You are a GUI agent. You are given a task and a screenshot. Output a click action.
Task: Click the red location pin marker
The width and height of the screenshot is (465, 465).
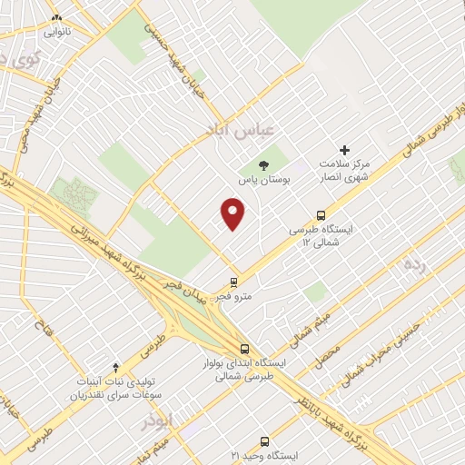pos(233,214)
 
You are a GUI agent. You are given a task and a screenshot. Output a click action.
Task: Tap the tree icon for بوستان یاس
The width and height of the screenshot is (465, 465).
pos(263,166)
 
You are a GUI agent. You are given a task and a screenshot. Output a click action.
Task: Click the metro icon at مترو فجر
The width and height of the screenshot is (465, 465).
pos(233,282)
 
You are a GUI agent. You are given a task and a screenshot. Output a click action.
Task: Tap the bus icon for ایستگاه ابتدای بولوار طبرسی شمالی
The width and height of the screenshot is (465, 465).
pos(244,348)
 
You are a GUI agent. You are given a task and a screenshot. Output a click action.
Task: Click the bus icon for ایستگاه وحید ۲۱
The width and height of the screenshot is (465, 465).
pos(264,437)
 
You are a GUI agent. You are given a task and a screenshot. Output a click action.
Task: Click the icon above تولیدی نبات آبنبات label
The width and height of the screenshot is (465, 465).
pos(115,367)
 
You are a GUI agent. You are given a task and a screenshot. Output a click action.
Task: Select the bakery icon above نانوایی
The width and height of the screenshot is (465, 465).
pos(56,17)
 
